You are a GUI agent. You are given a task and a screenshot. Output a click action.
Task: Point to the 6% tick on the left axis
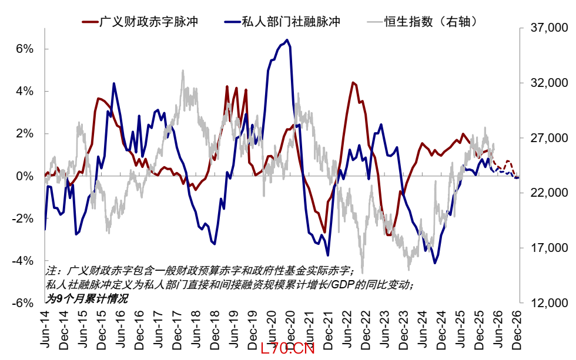click(25, 49)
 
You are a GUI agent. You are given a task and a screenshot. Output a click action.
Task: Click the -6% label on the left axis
click(23, 303)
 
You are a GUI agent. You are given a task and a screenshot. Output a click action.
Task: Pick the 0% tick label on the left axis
click(25, 176)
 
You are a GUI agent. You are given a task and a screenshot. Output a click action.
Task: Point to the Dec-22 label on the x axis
click(366, 331)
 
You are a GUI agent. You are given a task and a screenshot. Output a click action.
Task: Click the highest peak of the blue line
click(287, 40)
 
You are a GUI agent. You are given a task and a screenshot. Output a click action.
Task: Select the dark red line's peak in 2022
click(352, 82)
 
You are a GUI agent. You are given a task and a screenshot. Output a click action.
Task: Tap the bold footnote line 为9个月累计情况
click(86, 298)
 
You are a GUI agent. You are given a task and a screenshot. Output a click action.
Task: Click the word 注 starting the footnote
click(51, 271)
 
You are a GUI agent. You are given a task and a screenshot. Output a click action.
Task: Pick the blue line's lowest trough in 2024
click(435, 263)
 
